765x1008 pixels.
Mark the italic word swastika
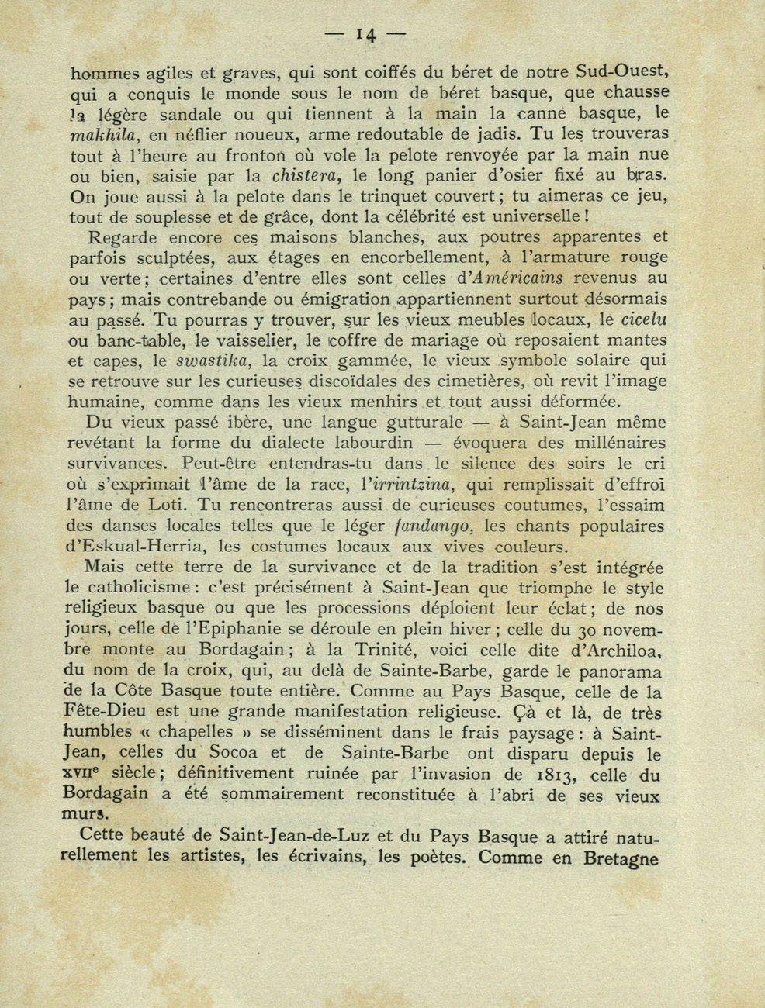pyautogui.click(x=213, y=361)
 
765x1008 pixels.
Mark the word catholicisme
pyautogui.click(x=134, y=587)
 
